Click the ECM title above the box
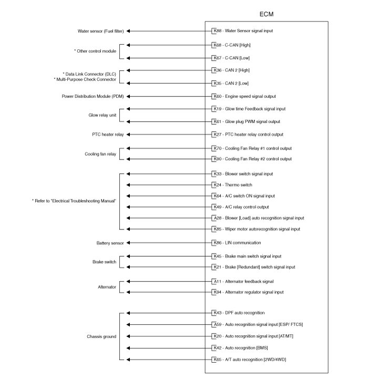click(x=267, y=14)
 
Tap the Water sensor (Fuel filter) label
click(x=100, y=31)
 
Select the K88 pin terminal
click(x=214, y=31)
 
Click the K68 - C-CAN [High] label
click(x=232, y=45)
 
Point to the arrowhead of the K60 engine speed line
click(x=128, y=96)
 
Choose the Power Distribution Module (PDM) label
click(x=93, y=96)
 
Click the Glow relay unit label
click(x=103, y=115)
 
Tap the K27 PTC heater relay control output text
click(x=249, y=134)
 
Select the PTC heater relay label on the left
click(x=108, y=134)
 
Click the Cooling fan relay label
click(x=100, y=154)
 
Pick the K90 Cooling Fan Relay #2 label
click(x=253, y=159)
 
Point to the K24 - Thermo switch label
click(x=233, y=185)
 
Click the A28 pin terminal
click(x=214, y=218)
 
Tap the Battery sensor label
click(x=110, y=243)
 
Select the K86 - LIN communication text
click(x=237, y=243)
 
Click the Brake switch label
click(x=105, y=262)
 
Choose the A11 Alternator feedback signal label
click(x=244, y=281)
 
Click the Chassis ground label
click(x=101, y=336)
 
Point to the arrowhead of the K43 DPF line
click(x=128, y=313)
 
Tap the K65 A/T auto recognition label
click(x=250, y=360)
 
